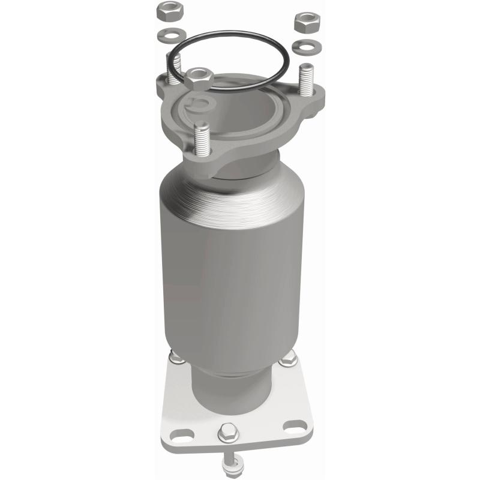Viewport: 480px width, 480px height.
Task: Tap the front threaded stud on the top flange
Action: (x=202, y=140)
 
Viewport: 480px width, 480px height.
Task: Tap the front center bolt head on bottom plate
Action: (x=227, y=430)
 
